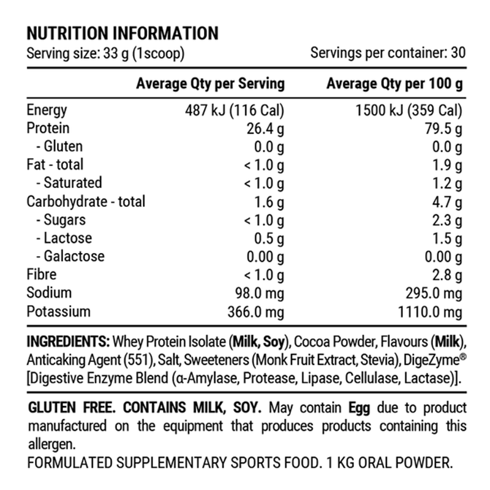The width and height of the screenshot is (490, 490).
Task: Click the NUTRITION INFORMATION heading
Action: pyautogui.click(x=123, y=33)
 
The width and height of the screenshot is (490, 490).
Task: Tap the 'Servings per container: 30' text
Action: pyautogui.click(x=388, y=53)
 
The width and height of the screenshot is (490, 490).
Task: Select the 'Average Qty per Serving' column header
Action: pyautogui.click(x=210, y=83)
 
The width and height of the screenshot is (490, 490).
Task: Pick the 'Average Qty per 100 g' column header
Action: pyautogui.click(x=394, y=83)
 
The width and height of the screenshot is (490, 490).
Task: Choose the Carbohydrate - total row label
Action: pyautogui.click(x=86, y=202)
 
